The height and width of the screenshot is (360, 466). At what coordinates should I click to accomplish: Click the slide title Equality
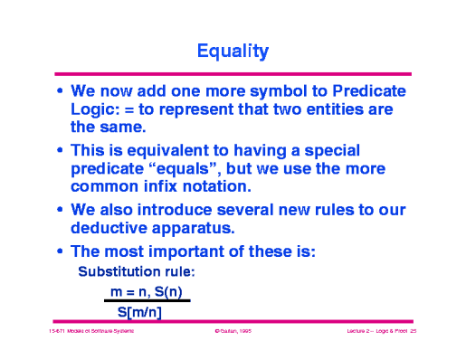point(233,52)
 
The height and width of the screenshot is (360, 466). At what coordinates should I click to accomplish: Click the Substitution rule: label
point(137,271)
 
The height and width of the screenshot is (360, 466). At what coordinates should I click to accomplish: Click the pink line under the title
point(233,73)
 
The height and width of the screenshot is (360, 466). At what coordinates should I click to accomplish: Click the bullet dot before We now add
point(60,93)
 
